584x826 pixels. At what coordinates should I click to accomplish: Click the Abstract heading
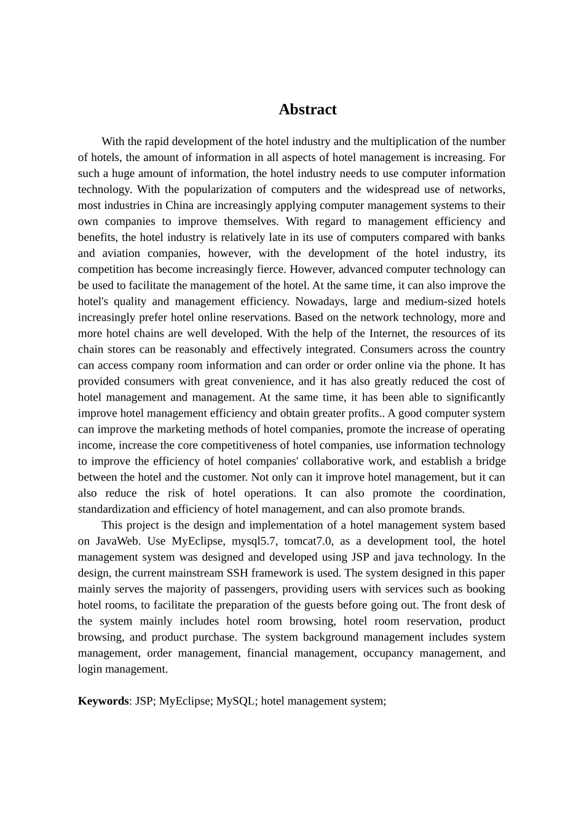307,109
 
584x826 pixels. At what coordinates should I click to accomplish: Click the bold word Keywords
103,701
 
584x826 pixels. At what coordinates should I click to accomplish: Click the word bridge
491,461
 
